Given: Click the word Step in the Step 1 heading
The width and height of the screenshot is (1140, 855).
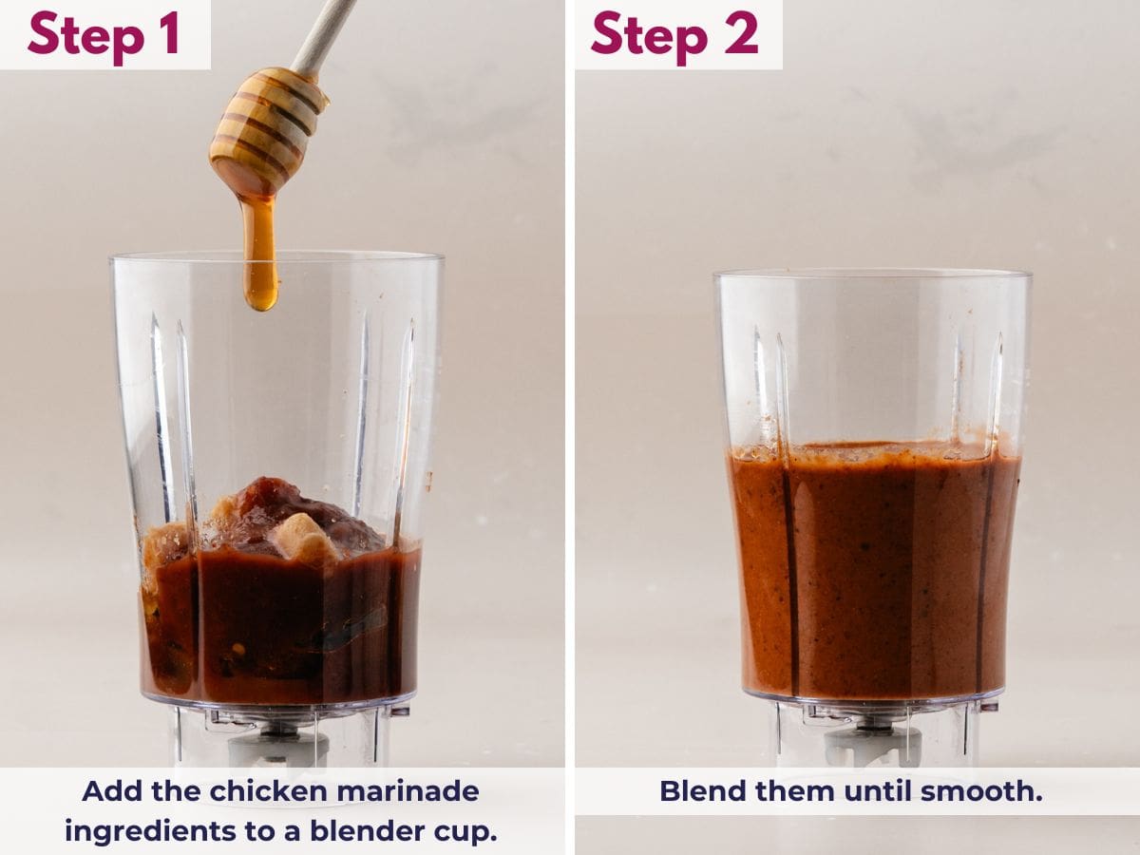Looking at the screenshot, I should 86,34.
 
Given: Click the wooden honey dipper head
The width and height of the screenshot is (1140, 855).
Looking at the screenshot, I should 265,128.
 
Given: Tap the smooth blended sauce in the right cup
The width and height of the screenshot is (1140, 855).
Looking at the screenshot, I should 874,570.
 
